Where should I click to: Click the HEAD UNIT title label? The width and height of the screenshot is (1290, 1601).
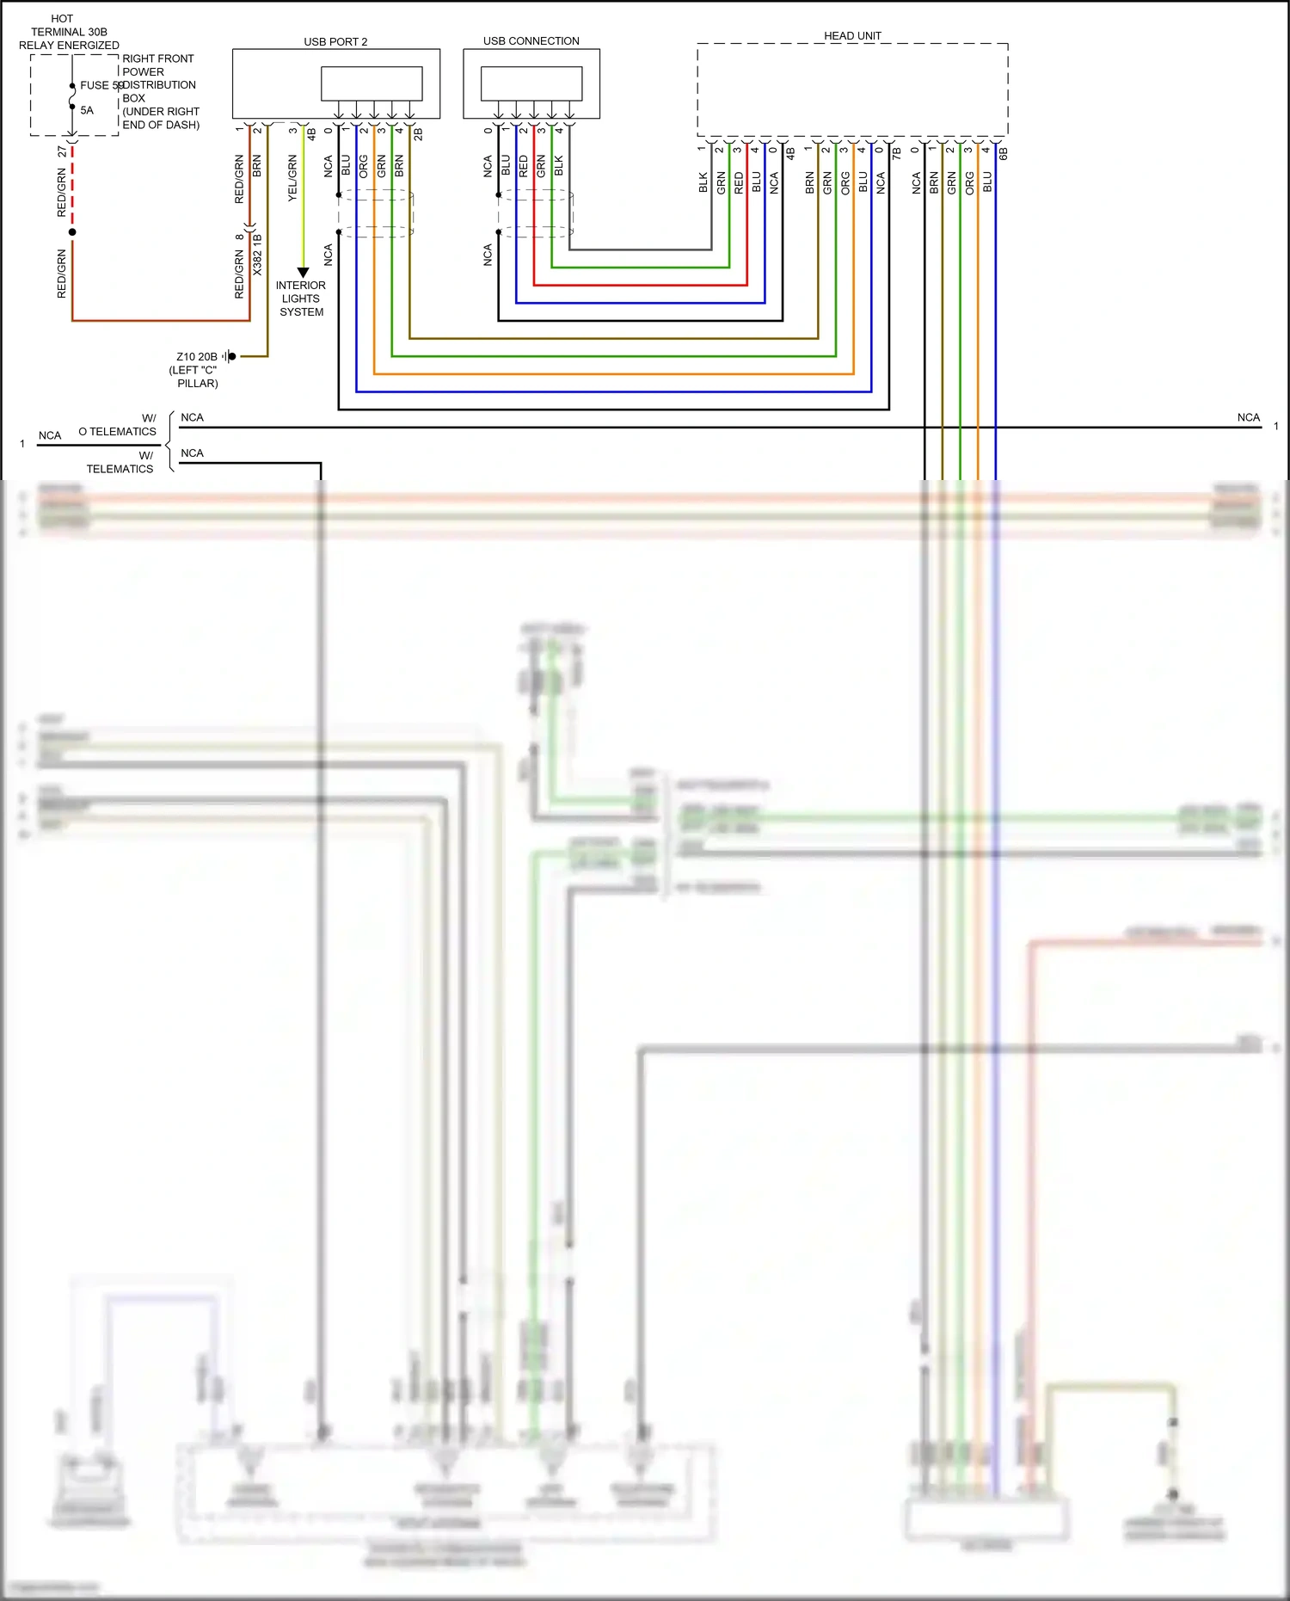click(852, 35)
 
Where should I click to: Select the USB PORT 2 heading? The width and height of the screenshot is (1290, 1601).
click(335, 41)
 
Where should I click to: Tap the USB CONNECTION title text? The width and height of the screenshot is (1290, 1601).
click(531, 40)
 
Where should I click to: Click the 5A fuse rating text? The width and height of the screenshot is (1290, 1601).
click(87, 110)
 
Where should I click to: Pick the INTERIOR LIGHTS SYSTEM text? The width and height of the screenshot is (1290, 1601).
click(301, 299)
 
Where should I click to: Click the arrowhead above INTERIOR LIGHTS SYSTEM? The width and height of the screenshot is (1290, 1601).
click(303, 272)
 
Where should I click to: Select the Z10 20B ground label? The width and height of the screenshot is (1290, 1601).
click(197, 356)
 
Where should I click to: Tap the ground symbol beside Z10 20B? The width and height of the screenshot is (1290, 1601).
click(229, 356)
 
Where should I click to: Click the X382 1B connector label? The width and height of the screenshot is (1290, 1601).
click(257, 255)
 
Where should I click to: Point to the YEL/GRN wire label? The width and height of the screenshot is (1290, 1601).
click(292, 178)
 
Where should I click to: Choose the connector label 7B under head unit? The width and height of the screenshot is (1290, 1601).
click(896, 153)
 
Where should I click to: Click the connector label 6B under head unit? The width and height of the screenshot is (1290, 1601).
click(1003, 153)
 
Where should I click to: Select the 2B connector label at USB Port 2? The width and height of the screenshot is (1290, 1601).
click(418, 134)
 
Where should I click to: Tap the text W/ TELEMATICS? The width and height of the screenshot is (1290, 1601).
click(121, 462)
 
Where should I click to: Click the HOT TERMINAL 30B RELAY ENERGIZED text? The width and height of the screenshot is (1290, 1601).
click(69, 32)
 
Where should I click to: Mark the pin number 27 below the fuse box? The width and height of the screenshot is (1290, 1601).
click(62, 151)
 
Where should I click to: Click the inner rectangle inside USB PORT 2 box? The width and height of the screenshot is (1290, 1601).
click(372, 83)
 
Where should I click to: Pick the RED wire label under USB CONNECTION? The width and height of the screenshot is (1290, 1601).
click(523, 166)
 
